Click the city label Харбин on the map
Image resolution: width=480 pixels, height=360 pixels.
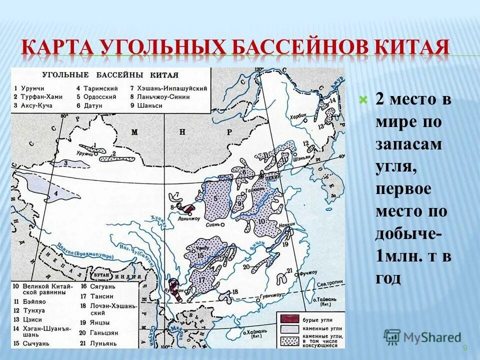[297, 115]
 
